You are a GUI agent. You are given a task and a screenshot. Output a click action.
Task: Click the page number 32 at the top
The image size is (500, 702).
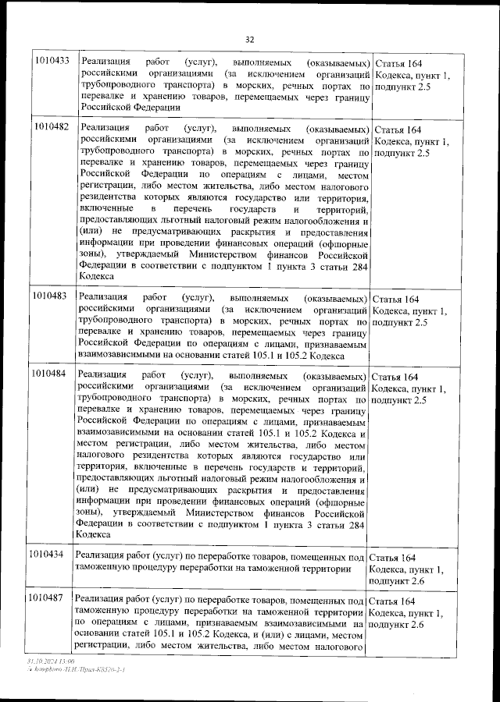(x=250, y=39)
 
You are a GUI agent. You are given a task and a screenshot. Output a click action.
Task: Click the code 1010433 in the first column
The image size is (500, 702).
(x=51, y=62)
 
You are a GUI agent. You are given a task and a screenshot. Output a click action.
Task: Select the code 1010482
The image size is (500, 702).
(x=51, y=126)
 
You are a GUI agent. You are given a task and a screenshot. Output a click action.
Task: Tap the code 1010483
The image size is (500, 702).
(x=51, y=299)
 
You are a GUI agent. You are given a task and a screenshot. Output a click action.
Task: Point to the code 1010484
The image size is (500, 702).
(x=51, y=374)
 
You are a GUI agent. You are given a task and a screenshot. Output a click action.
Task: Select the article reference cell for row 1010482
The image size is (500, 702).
(x=412, y=141)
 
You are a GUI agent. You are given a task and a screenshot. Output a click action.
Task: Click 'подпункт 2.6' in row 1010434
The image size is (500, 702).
(x=401, y=582)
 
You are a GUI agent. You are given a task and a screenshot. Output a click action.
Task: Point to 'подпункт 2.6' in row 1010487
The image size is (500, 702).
(x=401, y=626)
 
